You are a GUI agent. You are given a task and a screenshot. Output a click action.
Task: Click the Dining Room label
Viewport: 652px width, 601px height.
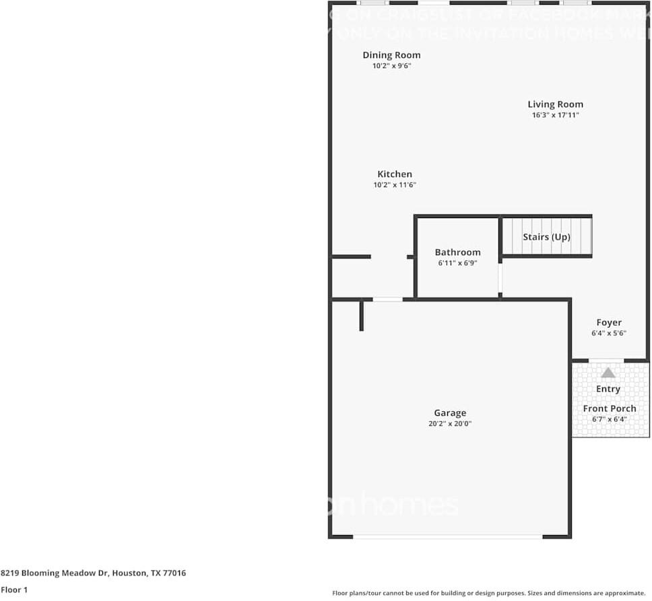[391, 55]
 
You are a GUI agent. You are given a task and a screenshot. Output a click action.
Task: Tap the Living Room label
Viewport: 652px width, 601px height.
[555, 104]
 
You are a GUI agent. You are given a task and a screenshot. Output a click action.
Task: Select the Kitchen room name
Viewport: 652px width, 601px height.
[394, 174]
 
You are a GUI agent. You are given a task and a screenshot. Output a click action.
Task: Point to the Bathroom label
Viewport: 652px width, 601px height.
[457, 252]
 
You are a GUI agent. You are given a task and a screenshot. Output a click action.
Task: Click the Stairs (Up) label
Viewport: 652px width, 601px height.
[546, 237]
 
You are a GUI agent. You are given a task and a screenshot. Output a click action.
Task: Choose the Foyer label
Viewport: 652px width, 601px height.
[609, 322]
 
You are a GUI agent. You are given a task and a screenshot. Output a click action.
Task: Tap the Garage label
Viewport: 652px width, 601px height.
[449, 413]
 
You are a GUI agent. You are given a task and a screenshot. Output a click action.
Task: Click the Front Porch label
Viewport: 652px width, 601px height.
[610, 409]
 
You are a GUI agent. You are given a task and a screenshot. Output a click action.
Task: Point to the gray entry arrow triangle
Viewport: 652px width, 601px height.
[608, 372]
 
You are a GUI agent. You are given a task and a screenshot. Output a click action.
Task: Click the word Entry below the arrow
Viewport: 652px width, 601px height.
[608, 389]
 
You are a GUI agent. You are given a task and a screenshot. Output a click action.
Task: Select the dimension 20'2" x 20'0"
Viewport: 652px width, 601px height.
[449, 424]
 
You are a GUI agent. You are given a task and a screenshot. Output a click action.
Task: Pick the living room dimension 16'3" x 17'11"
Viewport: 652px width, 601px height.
[555, 115]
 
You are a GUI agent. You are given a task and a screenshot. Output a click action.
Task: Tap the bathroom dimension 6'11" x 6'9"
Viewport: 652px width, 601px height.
[457, 263]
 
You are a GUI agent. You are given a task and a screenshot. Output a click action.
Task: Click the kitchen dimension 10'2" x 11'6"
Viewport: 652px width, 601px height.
[394, 185]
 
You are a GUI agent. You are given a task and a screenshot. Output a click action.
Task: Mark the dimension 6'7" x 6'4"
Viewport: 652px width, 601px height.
[610, 419]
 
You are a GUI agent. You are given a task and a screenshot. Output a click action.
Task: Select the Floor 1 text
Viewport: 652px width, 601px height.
[15, 590]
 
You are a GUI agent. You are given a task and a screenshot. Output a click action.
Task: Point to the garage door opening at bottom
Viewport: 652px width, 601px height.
[448, 536]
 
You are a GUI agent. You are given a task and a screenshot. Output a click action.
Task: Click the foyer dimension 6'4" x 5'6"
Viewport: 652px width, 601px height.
[609, 333]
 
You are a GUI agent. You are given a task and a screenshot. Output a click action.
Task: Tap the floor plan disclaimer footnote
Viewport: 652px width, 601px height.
[489, 593]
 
